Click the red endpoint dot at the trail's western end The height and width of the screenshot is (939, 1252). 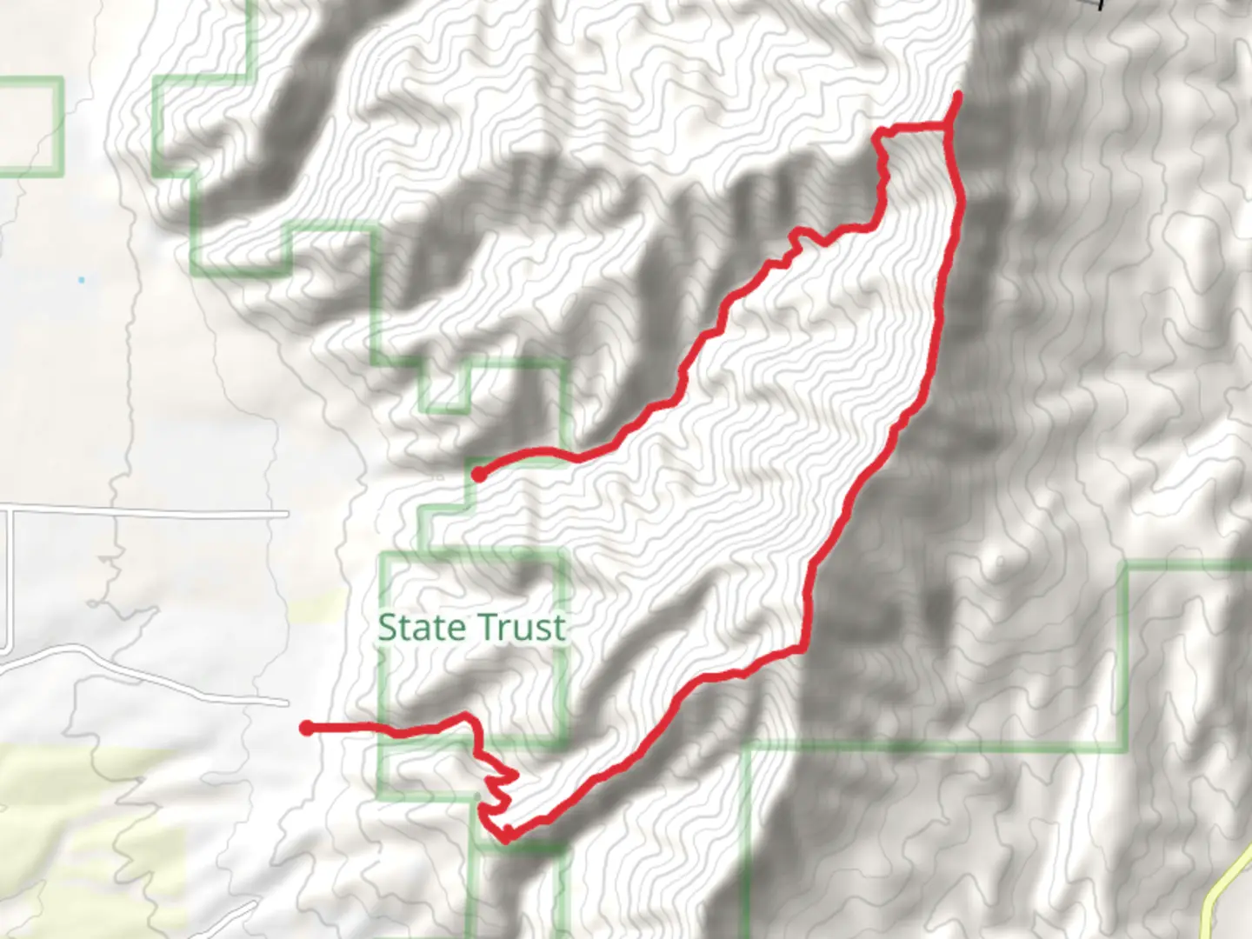(306, 728)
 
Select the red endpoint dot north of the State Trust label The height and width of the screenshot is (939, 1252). (478, 474)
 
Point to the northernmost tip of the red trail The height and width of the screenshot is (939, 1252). (958, 94)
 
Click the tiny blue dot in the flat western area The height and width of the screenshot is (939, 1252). (81, 280)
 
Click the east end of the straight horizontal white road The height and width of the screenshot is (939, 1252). (286, 515)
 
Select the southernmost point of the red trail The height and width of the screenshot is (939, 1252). (504, 840)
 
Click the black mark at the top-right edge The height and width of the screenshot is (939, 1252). (1101, 4)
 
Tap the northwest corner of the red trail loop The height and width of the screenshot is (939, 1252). (881, 133)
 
